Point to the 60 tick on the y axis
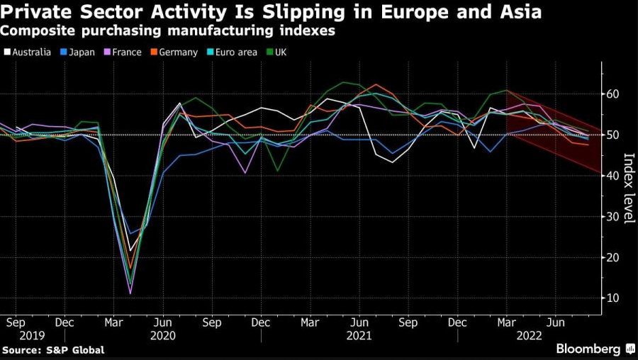[612, 94]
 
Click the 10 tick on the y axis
[612, 298]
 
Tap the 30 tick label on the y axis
[612, 217]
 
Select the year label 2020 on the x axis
[164, 336]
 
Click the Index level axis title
[628, 188]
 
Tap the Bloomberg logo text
[588, 349]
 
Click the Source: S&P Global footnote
[53, 350]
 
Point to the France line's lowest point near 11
[130, 293]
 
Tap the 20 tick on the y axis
[612, 258]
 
